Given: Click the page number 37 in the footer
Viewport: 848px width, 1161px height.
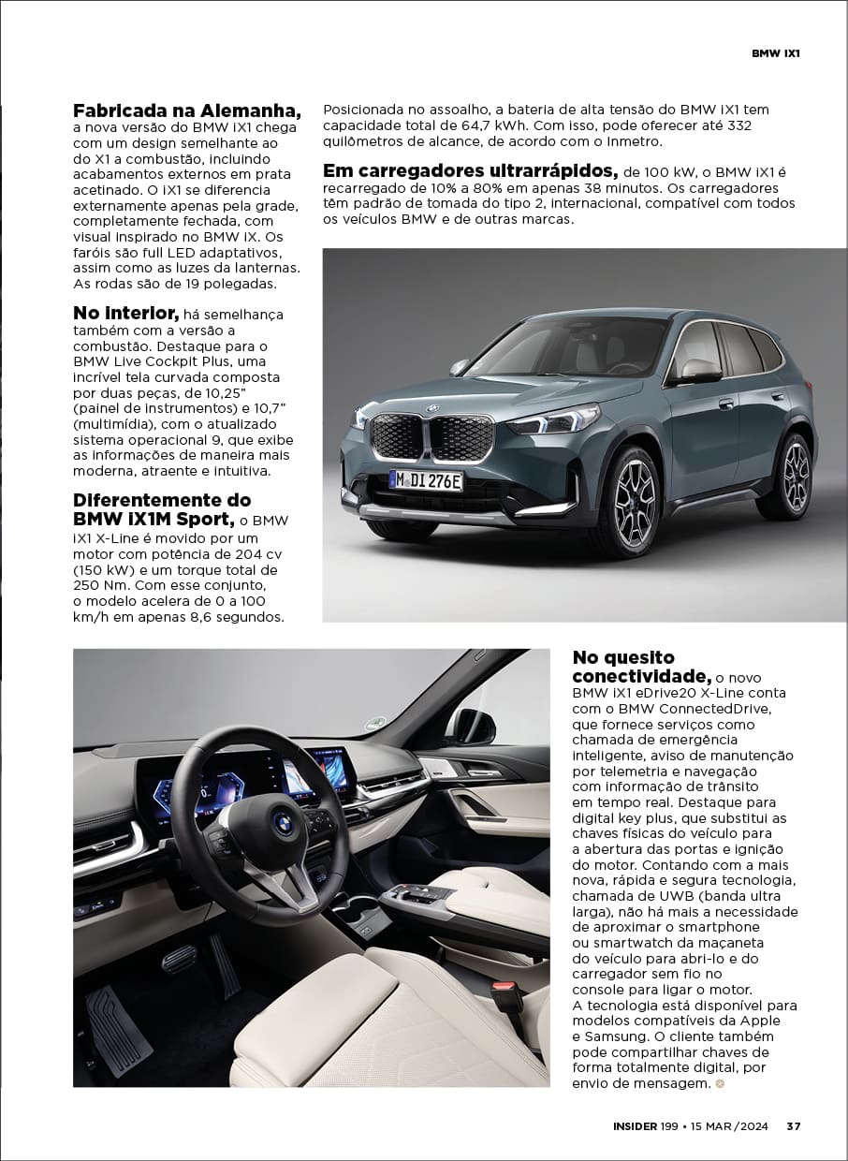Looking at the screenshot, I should click(793, 1126).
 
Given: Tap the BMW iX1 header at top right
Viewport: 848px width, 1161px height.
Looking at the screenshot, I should click(776, 53).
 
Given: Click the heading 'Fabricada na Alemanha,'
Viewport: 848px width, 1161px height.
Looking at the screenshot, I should click(187, 110).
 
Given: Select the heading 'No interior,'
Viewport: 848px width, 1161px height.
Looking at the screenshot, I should click(125, 313).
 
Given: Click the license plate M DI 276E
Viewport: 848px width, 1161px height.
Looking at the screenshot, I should click(426, 481).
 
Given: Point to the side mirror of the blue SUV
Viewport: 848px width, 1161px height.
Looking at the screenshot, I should click(697, 371).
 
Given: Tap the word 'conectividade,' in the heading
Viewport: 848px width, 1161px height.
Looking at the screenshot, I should click(641, 676).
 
